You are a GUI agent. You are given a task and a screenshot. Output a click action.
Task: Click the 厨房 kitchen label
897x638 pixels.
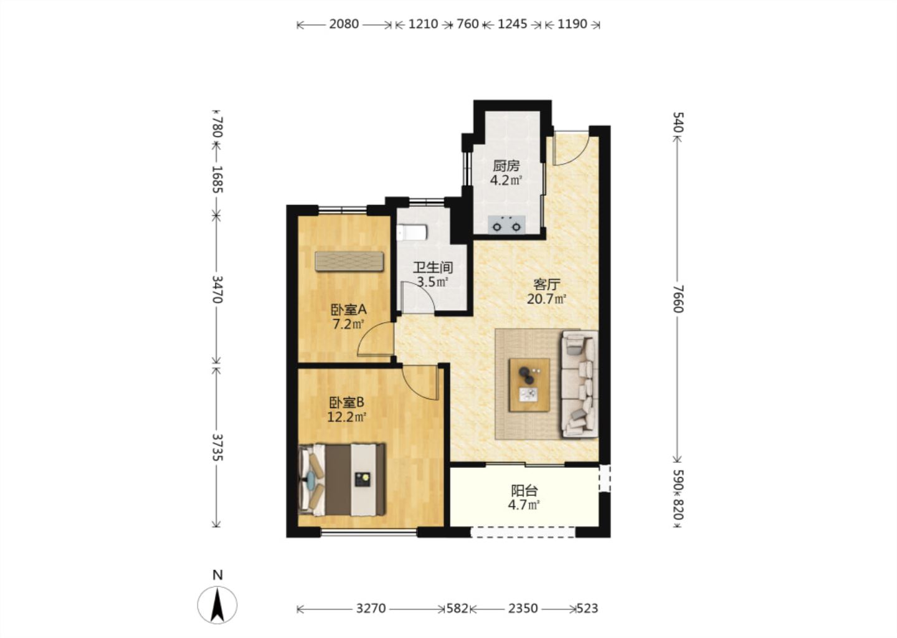pyautogui.click(x=506, y=166)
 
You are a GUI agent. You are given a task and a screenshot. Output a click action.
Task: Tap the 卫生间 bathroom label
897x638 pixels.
pyautogui.click(x=433, y=267)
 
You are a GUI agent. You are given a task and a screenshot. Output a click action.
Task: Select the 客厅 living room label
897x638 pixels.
pyautogui.click(x=547, y=284)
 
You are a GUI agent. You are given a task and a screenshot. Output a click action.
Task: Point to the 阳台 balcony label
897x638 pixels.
pyautogui.click(x=524, y=490)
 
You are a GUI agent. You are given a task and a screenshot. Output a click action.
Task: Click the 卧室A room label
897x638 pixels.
pyautogui.click(x=348, y=310)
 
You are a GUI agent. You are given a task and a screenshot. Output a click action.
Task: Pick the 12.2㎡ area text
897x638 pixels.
pyautogui.click(x=347, y=417)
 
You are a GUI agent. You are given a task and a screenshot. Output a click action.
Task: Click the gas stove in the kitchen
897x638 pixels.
pyautogui.click(x=506, y=225)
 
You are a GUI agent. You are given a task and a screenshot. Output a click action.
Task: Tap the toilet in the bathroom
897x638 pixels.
pyautogui.click(x=412, y=232)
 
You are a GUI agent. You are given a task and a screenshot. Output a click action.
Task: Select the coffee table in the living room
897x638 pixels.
pyautogui.click(x=529, y=385)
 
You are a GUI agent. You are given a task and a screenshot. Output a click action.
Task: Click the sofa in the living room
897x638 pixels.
pyautogui.click(x=580, y=384)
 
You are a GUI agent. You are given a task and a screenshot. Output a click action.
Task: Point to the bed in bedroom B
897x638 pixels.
pyautogui.click(x=342, y=479)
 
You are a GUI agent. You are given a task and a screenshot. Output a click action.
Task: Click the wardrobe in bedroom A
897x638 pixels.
pyautogui.click(x=349, y=261)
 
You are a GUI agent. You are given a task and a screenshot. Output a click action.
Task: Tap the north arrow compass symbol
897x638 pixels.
pyautogui.click(x=217, y=606)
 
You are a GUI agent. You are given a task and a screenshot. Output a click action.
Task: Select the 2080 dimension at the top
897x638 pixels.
pyautogui.click(x=344, y=24)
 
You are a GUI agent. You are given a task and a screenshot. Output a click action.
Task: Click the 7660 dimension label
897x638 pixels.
pyautogui.click(x=678, y=299)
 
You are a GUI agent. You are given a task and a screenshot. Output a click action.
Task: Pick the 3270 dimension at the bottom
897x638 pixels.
pyautogui.click(x=371, y=609)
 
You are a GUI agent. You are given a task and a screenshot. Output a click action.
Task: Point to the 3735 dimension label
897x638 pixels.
pyautogui.click(x=217, y=447)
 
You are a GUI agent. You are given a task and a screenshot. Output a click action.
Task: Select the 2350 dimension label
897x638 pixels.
pyautogui.click(x=523, y=609)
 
